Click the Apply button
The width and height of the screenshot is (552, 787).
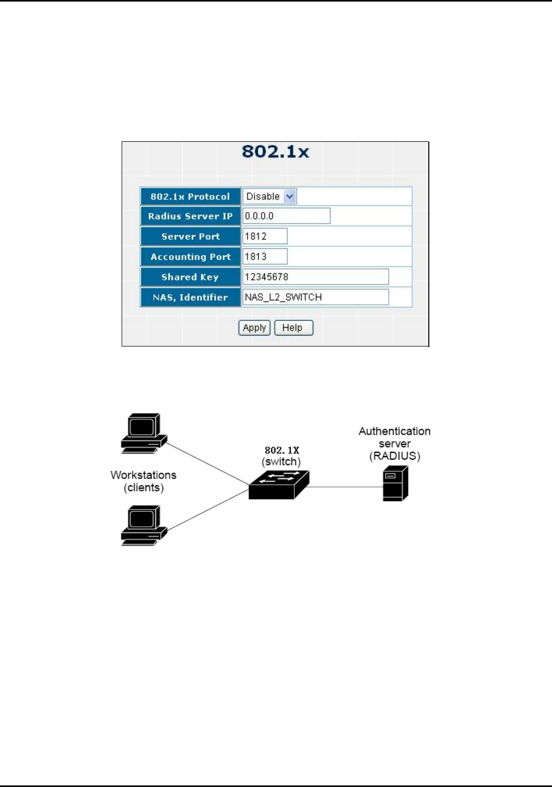point(254,328)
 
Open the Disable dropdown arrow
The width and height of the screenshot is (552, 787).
point(290,196)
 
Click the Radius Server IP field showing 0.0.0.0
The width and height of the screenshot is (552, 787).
point(286,216)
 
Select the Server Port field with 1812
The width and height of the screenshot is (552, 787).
point(265,236)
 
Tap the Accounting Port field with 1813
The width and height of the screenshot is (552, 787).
point(265,257)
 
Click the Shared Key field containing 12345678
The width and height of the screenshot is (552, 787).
point(315,277)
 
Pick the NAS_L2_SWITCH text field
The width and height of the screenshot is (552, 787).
point(315,297)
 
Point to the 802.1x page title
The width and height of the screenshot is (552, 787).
point(275,152)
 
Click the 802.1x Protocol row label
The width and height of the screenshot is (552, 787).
point(190,196)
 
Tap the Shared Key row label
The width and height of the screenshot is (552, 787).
point(190,277)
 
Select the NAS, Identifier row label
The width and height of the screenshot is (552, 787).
point(190,297)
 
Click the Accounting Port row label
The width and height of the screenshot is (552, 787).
point(190,257)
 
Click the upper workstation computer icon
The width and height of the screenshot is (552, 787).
point(143,433)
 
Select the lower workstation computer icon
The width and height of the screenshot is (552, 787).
point(143,525)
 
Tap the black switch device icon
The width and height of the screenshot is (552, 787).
point(279,485)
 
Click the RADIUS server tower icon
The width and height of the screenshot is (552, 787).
point(396,483)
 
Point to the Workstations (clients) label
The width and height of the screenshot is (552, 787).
point(143,481)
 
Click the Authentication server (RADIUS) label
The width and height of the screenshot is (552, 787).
point(395,444)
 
